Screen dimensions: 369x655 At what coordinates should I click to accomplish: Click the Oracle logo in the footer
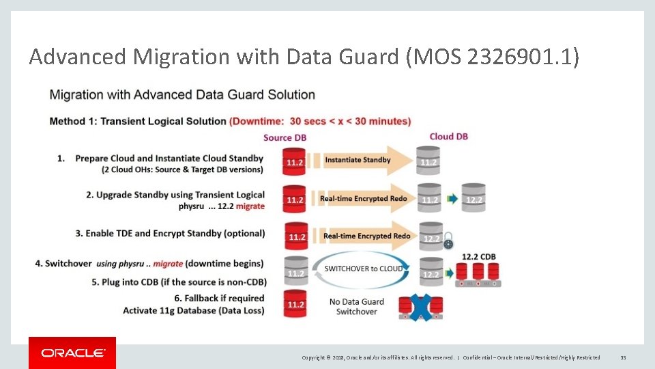[72, 353]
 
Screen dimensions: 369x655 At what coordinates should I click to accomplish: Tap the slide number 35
[622, 357]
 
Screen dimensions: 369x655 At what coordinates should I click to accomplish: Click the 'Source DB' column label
[285, 137]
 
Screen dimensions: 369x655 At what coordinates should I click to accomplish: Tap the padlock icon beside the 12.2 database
[448, 243]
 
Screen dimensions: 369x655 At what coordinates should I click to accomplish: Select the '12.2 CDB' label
[478, 257]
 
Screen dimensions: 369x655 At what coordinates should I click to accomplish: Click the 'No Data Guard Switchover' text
[356, 307]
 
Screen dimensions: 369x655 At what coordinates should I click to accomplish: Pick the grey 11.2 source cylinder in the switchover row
[295, 271]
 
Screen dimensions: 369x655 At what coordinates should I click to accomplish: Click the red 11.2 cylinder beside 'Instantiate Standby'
[295, 161]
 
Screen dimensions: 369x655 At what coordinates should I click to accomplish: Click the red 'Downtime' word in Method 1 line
[257, 122]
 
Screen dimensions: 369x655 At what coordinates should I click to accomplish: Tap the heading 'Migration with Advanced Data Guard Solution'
[182, 95]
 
